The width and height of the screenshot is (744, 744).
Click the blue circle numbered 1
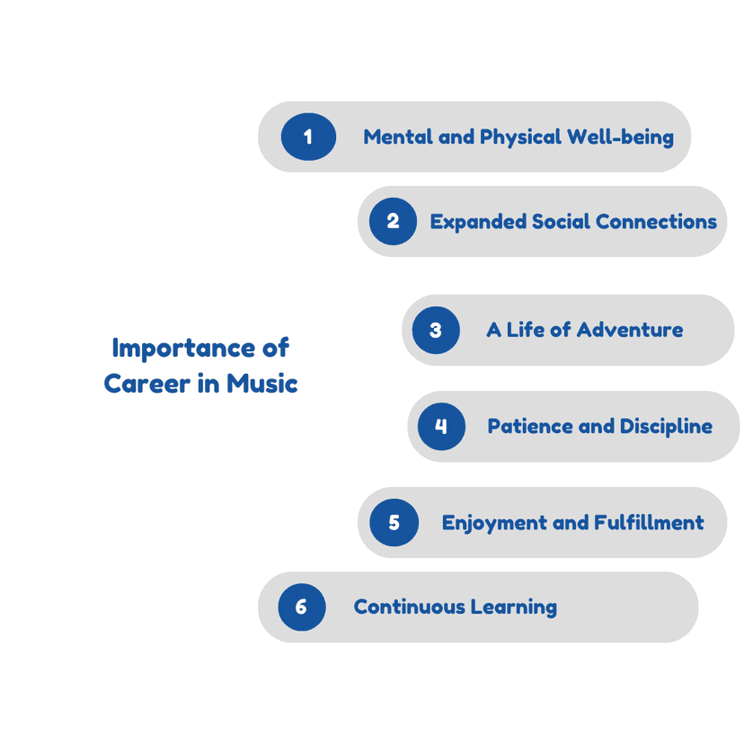tap(308, 137)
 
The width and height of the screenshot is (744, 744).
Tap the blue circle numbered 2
tap(393, 221)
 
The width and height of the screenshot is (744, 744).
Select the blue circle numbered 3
tap(436, 330)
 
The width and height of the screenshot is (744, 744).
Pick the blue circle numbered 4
tap(441, 426)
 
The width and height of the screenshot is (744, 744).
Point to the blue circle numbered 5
tap(394, 522)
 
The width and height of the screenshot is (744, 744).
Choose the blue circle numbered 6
tap(302, 607)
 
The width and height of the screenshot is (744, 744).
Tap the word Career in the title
tap(147, 384)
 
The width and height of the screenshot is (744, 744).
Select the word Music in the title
tap(261, 384)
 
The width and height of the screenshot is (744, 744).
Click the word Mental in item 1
tap(398, 137)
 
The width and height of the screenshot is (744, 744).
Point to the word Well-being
tap(621, 137)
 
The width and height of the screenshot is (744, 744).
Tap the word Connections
tap(656, 222)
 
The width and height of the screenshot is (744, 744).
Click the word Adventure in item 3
tap(630, 330)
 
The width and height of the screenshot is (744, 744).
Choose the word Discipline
tap(666, 427)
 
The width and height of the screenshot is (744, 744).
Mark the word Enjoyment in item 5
tap(495, 523)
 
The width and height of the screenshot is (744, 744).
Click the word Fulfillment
tap(649, 522)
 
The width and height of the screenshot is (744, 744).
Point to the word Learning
tap(514, 607)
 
